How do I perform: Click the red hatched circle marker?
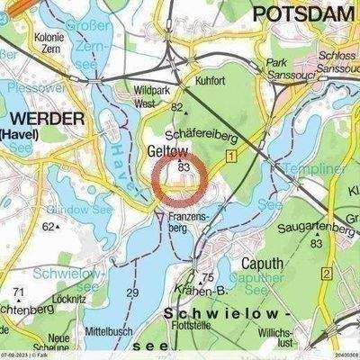(180, 181)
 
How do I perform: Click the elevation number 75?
(208, 278)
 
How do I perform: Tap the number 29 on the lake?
(133, 293)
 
